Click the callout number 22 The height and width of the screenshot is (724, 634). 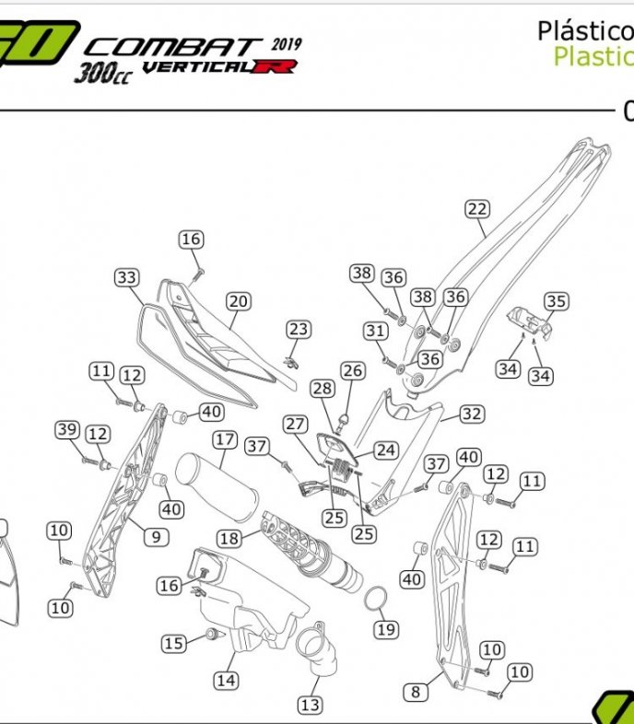[x=476, y=209]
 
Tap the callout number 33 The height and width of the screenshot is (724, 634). [x=126, y=277]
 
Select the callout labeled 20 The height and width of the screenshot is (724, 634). [x=239, y=301]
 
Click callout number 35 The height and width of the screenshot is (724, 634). [x=556, y=301]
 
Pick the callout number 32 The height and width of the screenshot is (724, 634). [x=472, y=415]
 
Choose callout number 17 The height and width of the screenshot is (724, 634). [x=225, y=440]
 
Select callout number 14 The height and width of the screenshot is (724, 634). [x=226, y=681]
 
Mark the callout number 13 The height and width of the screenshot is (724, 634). [x=310, y=706]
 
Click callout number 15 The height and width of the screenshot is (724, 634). [x=174, y=643]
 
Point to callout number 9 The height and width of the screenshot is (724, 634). [x=155, y=535]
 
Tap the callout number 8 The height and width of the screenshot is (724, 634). [x=416, y=691]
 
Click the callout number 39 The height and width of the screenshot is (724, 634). [x=67, y=429]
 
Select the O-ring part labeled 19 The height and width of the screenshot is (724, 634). [x=374, y=599]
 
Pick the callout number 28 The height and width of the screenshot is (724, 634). [x=323, y=389]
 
